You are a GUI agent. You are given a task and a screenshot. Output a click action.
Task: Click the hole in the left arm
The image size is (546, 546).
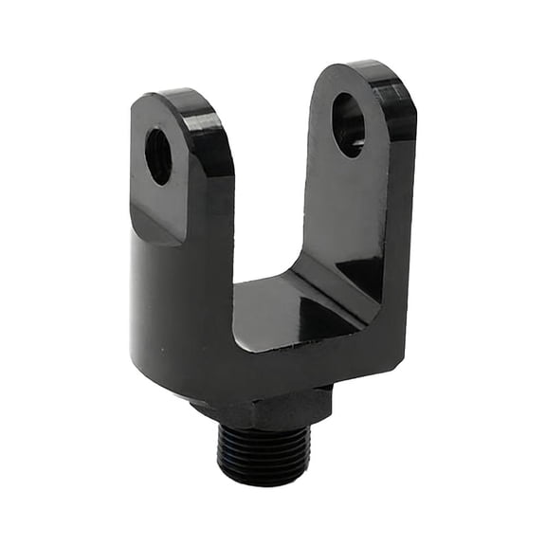click(x=158, y=155)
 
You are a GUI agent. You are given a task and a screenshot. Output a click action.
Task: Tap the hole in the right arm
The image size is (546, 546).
click(x=348, y=124)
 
